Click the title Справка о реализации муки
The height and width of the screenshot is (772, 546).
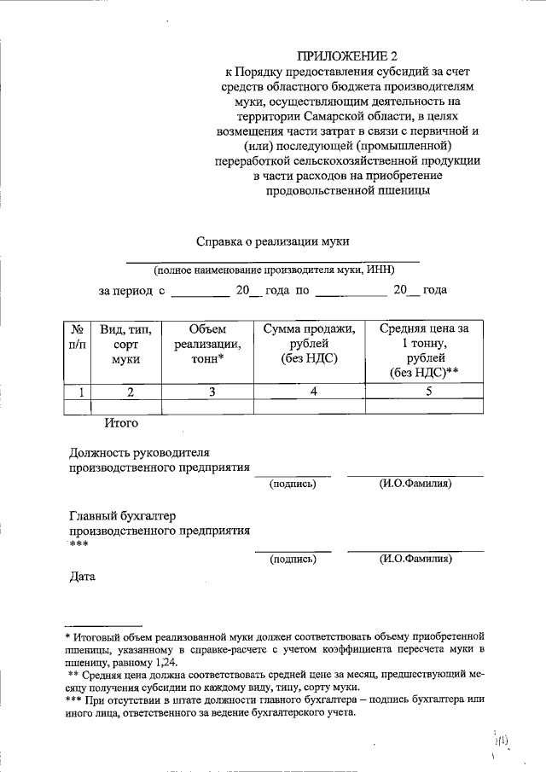point(273,241)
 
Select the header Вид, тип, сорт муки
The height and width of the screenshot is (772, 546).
point(125,345)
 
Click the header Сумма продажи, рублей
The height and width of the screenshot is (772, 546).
point(308,345)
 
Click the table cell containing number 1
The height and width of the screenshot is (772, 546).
point(80,392)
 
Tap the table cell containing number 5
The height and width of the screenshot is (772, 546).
point(429,392)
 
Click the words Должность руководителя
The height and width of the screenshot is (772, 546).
point(138,452)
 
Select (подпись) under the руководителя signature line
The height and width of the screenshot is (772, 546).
point(293,484)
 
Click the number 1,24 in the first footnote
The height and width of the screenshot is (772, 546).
point(167,662)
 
